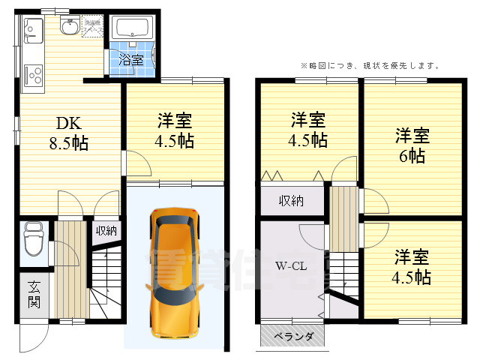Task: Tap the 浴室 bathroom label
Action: coord(131,60)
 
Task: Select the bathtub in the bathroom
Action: coord(133,30)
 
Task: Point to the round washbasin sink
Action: coord(70,28)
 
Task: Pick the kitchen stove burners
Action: coord(33,75)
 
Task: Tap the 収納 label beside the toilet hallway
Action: coord(106,230)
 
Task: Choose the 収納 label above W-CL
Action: coord(292,200)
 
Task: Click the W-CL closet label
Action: coord(289,265)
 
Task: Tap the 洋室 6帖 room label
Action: coord(412,145)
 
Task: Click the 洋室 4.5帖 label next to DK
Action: coord(175,130)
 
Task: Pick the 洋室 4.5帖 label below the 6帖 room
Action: coord(412,265)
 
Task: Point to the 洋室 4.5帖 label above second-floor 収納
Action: coord(308,129)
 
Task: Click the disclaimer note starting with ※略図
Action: coord(370,65)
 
